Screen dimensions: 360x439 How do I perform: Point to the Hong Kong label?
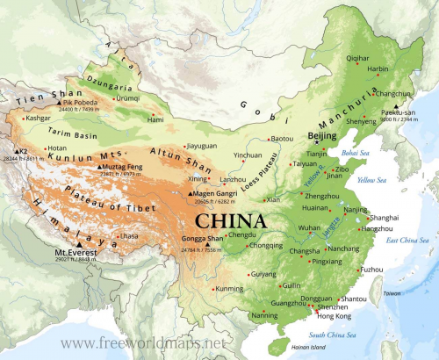pos(334,315)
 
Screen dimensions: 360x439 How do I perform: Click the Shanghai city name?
pos(385,217)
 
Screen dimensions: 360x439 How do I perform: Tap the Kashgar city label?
pos(39,117)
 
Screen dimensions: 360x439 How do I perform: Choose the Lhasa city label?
pos(129,236)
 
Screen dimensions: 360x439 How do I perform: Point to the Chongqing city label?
pos(267,245)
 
